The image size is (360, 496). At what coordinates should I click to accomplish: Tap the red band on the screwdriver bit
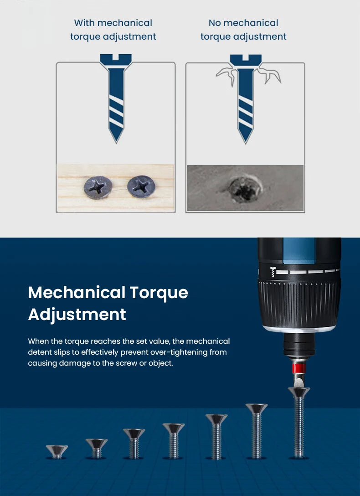(298, 368)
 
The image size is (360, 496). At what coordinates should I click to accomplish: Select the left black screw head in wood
(98, 187)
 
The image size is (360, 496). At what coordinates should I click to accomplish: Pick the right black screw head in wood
(141, 186)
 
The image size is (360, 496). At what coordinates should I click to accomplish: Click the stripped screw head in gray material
(245, 189)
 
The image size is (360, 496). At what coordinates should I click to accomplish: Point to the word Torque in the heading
(159, 293)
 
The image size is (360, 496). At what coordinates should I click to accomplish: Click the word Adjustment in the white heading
(77, 315)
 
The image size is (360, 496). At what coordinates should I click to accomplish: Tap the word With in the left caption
(84, 23)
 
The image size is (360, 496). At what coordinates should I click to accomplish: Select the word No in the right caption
(215, 23)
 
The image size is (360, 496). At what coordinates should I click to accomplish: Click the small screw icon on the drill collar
(273, 272)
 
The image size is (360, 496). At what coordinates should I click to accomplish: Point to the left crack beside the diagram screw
(227, 75)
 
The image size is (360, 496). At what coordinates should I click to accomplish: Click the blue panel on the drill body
(298, 251)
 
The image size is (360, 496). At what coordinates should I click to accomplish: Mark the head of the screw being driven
(298, 392)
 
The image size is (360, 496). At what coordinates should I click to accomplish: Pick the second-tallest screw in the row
(257, 431)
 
